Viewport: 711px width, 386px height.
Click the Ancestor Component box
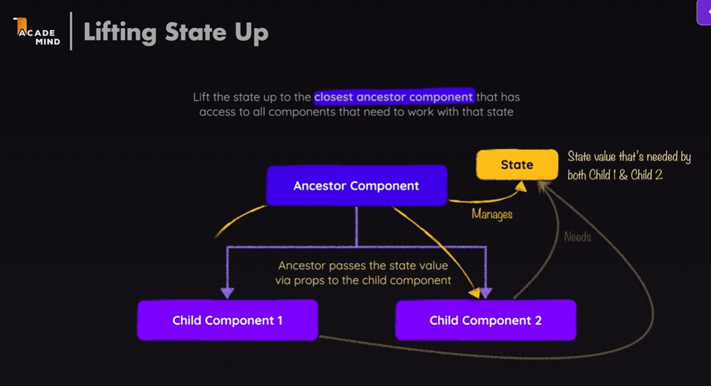(356, 186)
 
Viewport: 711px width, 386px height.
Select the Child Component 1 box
(227, 320)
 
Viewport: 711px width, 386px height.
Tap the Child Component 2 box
(485, 320)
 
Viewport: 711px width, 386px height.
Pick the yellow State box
(517, 165)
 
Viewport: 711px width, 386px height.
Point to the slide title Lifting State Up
(176, 32)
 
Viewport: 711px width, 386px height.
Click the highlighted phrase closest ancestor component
(394, 97)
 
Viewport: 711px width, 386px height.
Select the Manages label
(492, 215)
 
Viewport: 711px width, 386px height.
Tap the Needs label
(577, 237)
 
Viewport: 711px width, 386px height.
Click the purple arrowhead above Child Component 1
(227, 293)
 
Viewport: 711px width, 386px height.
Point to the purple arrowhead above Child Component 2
(486, 293)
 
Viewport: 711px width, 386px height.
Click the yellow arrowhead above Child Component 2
(474, 293)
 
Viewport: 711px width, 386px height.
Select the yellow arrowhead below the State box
(521, 186)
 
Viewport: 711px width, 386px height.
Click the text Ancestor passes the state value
(363, 265)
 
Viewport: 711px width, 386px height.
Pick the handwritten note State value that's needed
(629, 157)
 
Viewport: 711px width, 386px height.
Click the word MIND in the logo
(47, 41)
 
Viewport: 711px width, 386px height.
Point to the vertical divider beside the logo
(71, 31)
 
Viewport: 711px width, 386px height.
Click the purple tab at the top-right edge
(704, 12)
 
